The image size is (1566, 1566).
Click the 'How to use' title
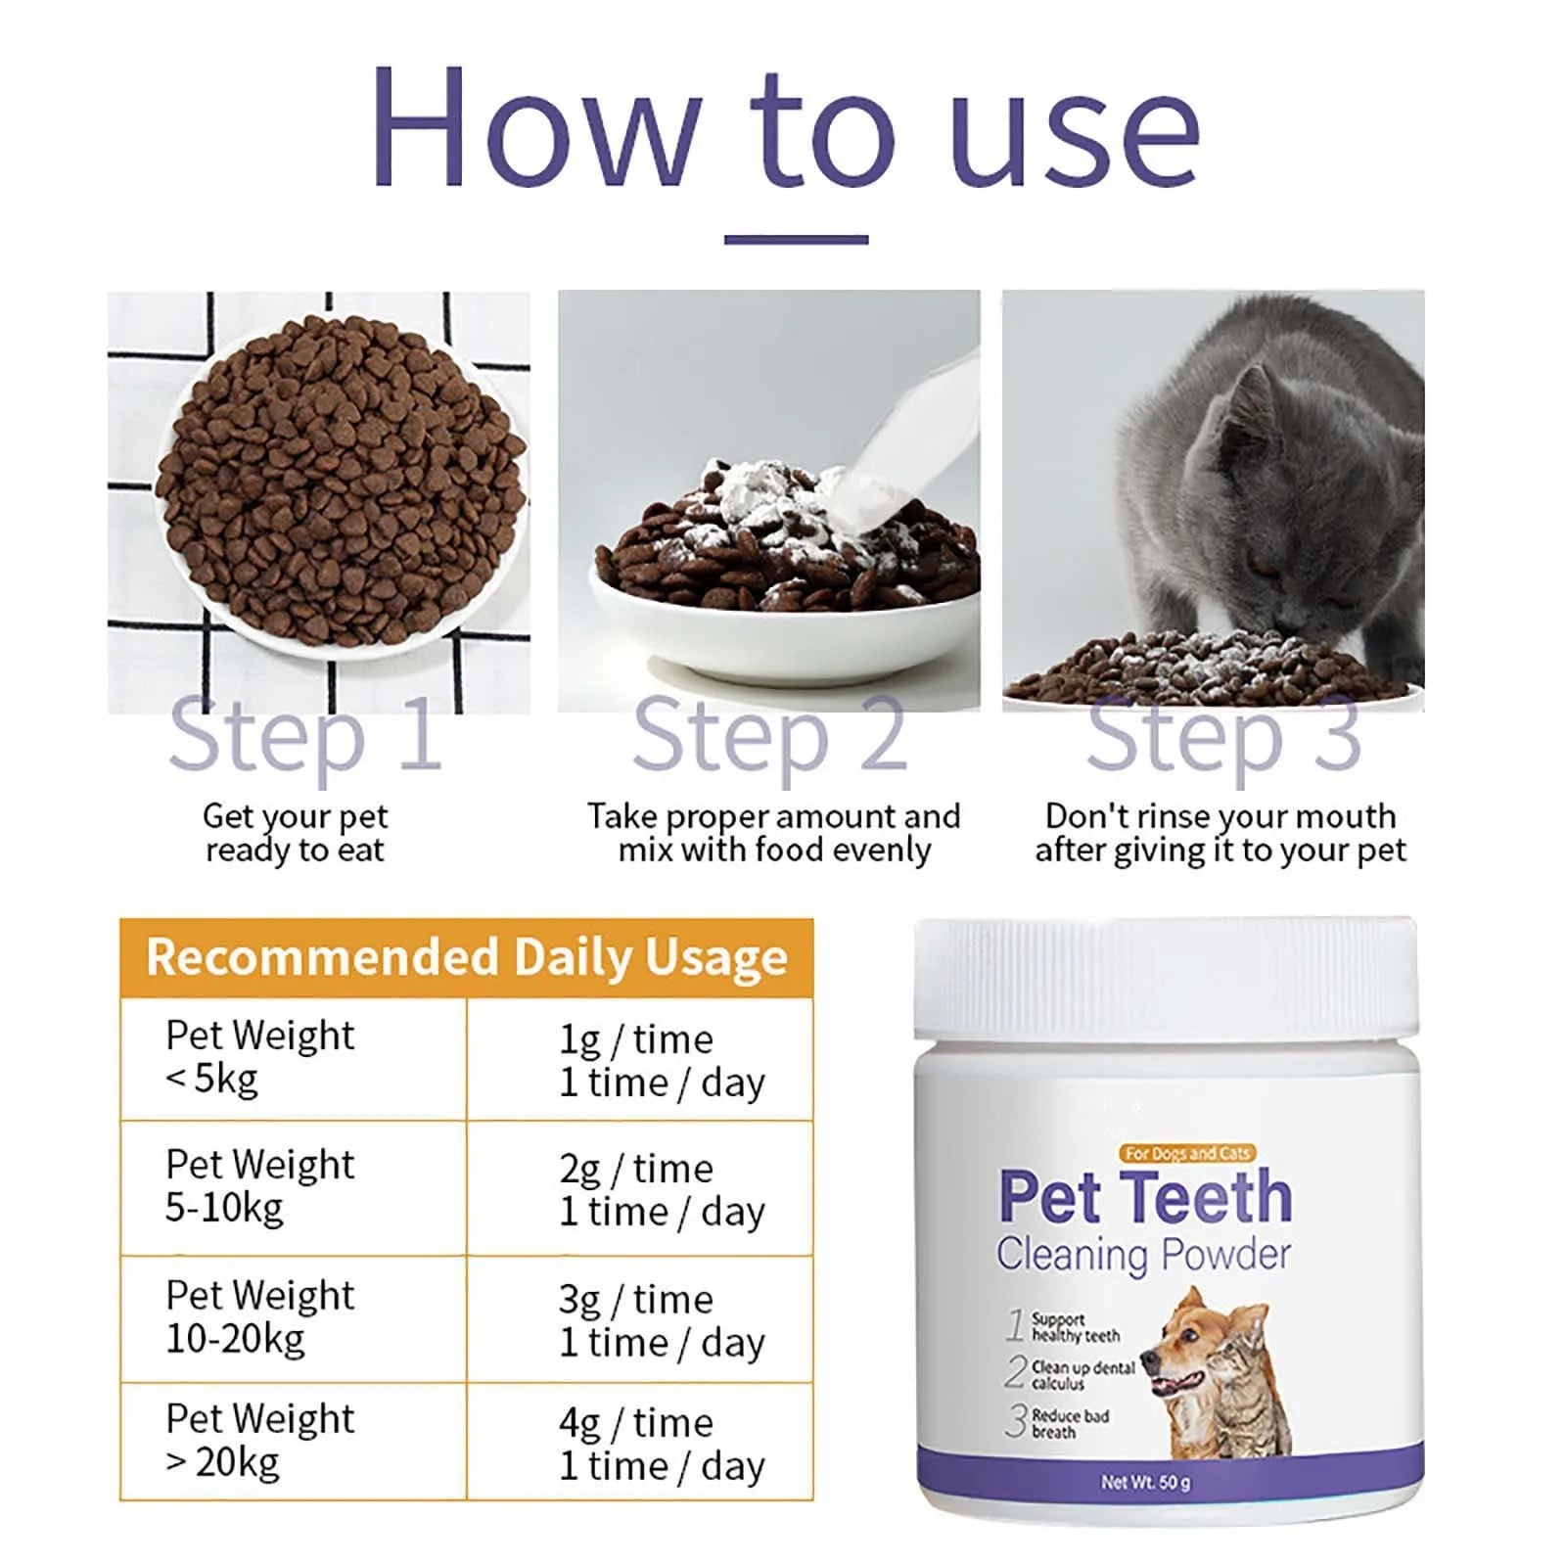[785, 127]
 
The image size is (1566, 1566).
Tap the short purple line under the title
[796, 239]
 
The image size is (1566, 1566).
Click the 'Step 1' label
[305, 736]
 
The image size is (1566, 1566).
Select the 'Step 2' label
[769, 736]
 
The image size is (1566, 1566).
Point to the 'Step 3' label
[1223, 736]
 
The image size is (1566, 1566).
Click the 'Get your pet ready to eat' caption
[296, 833]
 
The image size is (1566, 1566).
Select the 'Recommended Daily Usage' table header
[467, 957]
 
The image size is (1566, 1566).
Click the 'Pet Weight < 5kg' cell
[260, 1057]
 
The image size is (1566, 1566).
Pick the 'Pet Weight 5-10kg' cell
[260, 1186]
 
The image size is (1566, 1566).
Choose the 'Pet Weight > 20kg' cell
[260, 1441]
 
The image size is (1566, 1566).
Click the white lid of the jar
[1165, 979]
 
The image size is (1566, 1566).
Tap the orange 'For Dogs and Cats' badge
[1187, 1153]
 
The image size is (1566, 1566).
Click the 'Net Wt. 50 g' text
[1145, 1482]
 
